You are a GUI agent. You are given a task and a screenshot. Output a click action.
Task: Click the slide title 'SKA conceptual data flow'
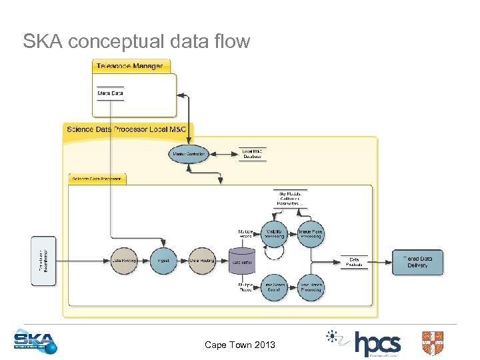[x=137, y=41]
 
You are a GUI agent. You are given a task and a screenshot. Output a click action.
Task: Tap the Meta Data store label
[x=110, y=93]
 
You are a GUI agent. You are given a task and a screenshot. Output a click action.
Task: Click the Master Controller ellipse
[x=189, y=154]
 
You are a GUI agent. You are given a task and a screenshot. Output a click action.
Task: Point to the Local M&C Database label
[x=253, y=154]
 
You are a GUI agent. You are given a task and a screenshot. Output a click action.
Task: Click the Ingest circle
[x=163, y=261]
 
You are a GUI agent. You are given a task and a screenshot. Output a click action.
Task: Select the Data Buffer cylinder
[x=241, y=262]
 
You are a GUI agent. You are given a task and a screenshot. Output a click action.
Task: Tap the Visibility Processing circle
[x=273, y=233]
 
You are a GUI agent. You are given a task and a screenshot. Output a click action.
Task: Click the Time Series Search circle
[x=273, y=287]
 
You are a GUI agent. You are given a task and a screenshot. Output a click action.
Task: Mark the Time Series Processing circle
[x=311, y=287]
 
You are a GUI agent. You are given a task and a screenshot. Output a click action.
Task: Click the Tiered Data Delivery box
[x=417, y=262]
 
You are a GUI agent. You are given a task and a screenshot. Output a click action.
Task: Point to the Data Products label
[x=354, y=262]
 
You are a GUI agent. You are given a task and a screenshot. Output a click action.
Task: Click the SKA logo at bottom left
[x=35, y=342]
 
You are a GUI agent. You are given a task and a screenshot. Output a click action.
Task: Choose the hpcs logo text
[x=377, y=344]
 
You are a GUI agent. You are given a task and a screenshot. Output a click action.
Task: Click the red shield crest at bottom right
[x=432, y=343]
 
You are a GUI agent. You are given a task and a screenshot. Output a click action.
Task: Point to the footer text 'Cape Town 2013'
[x=239, y=345]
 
